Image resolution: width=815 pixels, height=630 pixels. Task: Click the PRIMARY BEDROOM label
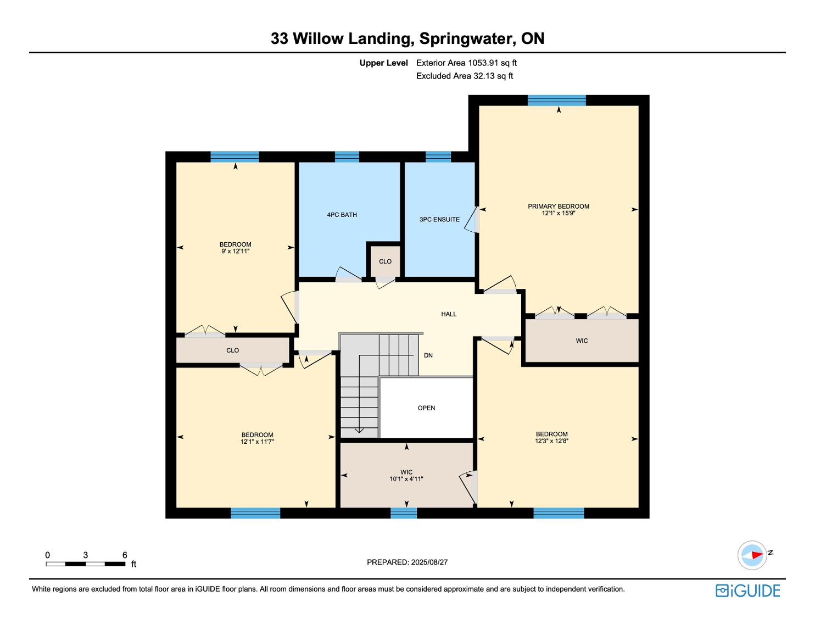click(558, 207)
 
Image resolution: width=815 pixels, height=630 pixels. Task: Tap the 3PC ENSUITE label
click(439, 219)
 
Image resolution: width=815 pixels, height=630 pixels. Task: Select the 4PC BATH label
click(342, 215)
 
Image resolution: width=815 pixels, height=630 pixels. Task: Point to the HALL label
click(449, 314)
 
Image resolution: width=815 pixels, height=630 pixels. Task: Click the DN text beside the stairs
click(428, 355)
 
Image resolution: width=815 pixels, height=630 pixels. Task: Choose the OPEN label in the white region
click(426, 408)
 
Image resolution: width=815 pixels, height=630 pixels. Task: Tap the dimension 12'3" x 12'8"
click(551, 441)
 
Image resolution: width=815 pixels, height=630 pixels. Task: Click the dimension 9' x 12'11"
click(235, 251)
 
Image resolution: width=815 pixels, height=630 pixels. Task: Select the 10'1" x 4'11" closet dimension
click(406, 479)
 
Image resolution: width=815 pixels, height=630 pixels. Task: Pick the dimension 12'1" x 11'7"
click(257, 442)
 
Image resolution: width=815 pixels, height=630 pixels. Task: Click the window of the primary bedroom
click(556, 101)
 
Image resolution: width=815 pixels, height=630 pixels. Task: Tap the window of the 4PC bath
click(347, 157)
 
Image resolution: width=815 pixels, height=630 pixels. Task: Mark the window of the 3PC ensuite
click(438, 157)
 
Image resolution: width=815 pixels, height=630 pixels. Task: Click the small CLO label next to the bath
click(385, 261)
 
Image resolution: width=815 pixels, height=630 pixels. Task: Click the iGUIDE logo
click(747, 590)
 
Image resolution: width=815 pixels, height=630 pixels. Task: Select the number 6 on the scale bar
click(125, 555)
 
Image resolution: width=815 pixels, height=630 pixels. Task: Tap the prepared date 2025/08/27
click(429, 562)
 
